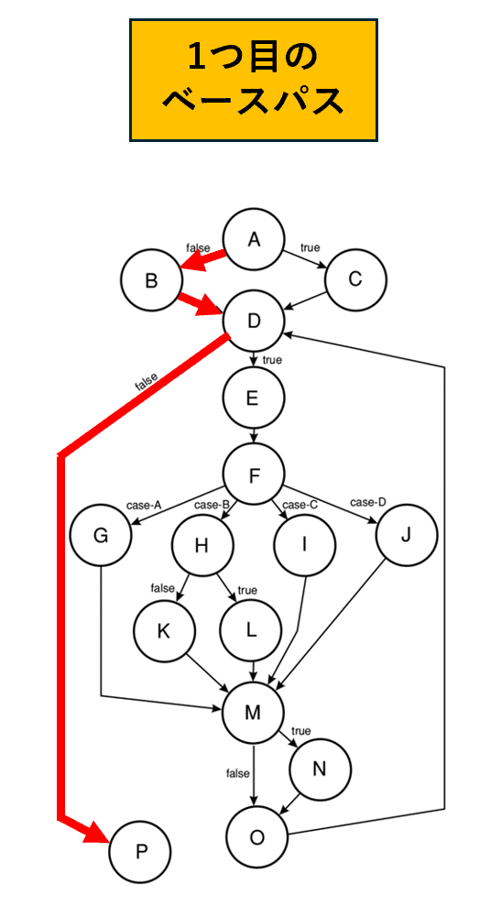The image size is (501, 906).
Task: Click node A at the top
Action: [x=254, y=238]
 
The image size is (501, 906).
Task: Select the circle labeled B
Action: [x=151, y=280]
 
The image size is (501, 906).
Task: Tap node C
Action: [x=356, y=280]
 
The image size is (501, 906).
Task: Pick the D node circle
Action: [x=254, y=321]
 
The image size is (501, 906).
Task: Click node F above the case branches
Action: [x=254, y=475]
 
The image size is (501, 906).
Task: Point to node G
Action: [x=101, y=535]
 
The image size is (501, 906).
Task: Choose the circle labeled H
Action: [x=202, y=545]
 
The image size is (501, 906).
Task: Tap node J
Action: [x=407, y=535]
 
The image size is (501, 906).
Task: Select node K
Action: [x=164, y=631]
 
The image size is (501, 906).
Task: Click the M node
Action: [x=254, y=713]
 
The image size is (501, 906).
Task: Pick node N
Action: [x=321, y=770]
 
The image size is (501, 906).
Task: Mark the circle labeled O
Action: [x=257, y=836]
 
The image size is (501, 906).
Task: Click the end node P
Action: [x=140, y=852]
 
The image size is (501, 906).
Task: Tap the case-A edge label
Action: [x=143, y=505]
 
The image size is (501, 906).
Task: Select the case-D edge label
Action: [x=367, y=501]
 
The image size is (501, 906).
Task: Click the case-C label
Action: [x=300, y=505]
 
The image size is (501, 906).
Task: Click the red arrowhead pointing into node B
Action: [x=194, y=262]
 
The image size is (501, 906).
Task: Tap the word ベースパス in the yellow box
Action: [x=253, y=102]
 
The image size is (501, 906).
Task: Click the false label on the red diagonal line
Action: [x=146, y=382]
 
